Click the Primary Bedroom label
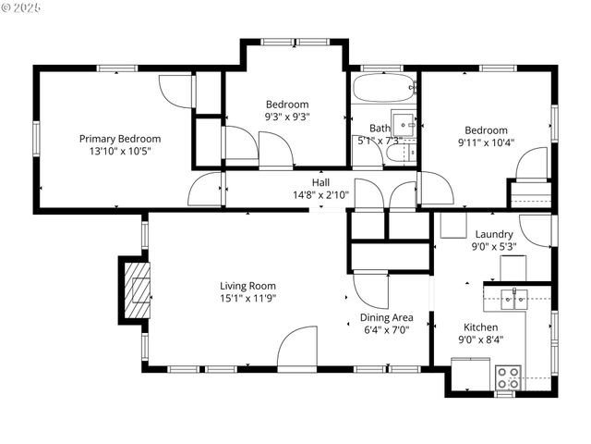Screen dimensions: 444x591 point(126,138)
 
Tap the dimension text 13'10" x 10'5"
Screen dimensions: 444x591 point(126,151)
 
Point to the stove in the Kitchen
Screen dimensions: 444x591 point(507,377)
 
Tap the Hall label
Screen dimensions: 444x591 point(320,182)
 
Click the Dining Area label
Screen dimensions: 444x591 point(386,317)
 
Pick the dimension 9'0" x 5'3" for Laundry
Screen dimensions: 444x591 point(493,247)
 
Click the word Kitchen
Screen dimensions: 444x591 point(480,327)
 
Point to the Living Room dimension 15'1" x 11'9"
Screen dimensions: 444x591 point(247,298)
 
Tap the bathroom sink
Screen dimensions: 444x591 point(404,124)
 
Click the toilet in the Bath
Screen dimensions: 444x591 point(400,154)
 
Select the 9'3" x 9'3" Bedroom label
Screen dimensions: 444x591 point(287,105)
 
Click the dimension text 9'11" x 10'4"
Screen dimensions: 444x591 point(486,142)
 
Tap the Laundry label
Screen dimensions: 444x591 point(494,234)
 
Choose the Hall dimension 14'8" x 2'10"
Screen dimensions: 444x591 point(320,195)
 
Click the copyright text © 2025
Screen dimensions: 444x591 point(23,6)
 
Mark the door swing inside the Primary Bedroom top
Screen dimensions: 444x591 point(175,91)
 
